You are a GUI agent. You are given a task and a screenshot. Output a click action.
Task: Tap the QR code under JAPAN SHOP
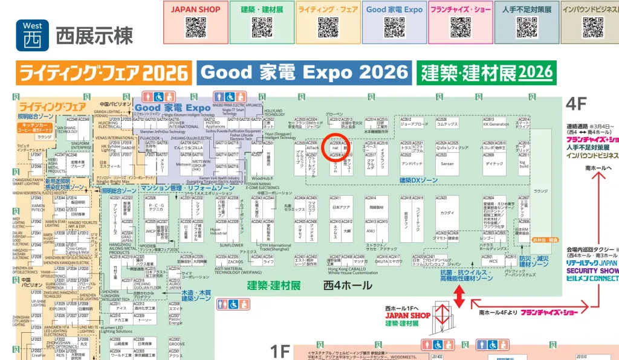195,27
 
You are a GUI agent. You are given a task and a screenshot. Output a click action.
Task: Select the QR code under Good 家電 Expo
394,27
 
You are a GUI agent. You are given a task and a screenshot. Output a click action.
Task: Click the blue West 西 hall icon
33,34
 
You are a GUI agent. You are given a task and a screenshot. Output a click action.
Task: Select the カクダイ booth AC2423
447,213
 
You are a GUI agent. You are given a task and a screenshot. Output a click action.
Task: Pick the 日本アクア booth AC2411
342,207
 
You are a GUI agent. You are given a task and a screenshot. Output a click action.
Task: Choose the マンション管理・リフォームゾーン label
183,188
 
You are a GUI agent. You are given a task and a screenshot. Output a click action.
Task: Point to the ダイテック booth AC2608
494,163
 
